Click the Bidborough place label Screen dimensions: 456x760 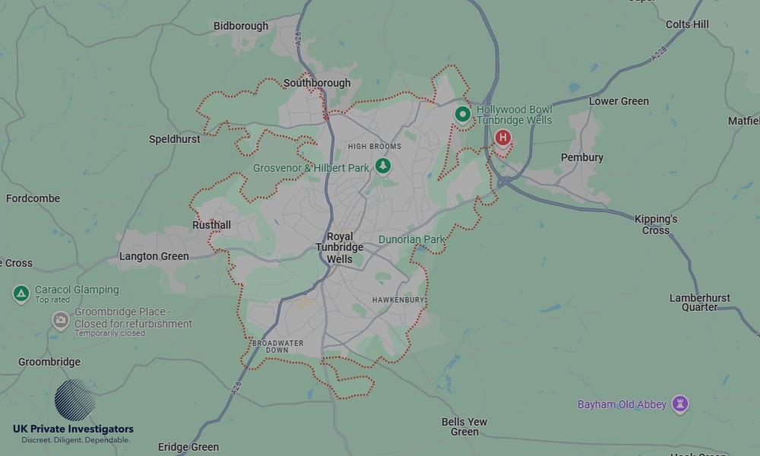click(x=241, y=26)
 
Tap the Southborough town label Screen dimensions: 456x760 click(x=317, y=83)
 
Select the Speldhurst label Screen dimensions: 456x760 click(x=175, y=139)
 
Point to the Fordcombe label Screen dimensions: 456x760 click(x=33, y=198)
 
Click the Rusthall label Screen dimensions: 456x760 click(x=211, y=225)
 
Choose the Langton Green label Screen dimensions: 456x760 click(x=154, y=256)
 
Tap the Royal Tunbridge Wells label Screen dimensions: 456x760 click(x=340, y=248)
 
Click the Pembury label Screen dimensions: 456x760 click(x=582, y=157)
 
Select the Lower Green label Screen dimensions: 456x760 click(x=619, y=101)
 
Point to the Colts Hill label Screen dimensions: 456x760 click(x=687, y=24)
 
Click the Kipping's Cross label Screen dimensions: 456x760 click(x=656, y=224)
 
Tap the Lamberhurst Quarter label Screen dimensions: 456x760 click(x=699, y=302)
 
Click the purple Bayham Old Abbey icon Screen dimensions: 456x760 click(x=680, y=404)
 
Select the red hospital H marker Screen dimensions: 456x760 click(x=502, y=138)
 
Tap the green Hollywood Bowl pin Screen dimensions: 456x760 click(x=463, y=114)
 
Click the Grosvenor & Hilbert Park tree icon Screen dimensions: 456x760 click(x=384, y=166)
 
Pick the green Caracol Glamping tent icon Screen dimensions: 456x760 click(x=21, y=293)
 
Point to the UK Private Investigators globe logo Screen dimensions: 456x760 click(x=75, y=400)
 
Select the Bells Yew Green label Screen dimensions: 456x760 click(x=464, y=426)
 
